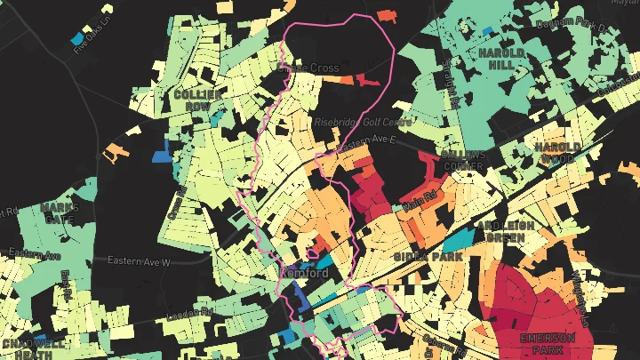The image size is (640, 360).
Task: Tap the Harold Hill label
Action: [x=502, y=59]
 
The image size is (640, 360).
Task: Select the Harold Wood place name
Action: [x=557, y=152]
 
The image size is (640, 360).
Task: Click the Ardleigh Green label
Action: [x=505, y=232]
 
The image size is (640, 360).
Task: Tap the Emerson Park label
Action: [x=548, y=343]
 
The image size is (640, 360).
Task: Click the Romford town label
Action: [x=304, y=272]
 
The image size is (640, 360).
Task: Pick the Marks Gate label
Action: [x=60, y=213]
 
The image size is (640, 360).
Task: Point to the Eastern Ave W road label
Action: [x=138, y=261]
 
